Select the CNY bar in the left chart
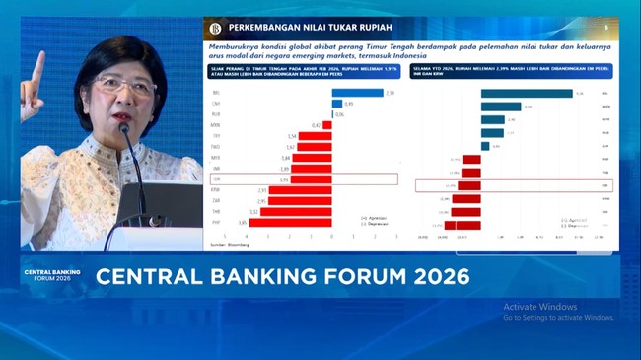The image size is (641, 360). (x=337, y=104)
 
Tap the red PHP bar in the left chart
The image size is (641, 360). (x=290, y=223)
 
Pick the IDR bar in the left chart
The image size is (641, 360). (x=314, y=180)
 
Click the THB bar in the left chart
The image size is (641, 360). (x=296, y=212)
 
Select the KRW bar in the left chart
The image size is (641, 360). (x=301, y=190)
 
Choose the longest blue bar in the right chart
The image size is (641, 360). (x=527, y=94)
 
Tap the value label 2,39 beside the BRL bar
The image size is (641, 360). (x=391, y=93)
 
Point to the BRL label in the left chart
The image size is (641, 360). (x=216, y=93)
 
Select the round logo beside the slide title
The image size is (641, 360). (x=215, y=29)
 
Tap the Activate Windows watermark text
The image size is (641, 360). (x=539, y=307)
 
